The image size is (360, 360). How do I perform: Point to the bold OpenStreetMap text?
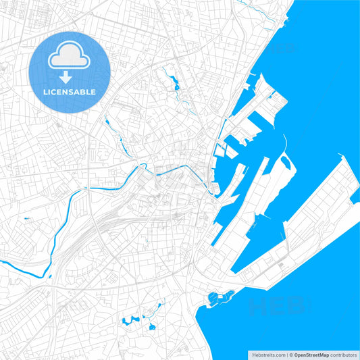311,354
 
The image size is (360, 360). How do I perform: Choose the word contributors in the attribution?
344,354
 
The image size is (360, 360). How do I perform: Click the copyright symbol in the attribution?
290,354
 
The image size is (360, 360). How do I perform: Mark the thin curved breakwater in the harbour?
284,145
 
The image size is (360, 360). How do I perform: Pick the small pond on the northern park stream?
176,86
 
